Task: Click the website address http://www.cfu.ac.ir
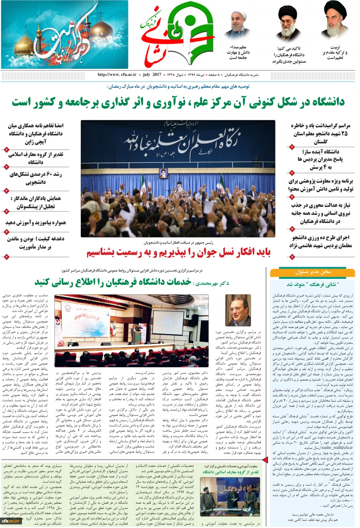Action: pyautogui.click(x=117, y=75)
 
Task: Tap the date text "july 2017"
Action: pyautogui.click(x=152, y=75)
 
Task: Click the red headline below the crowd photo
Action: pyautogui.click(x=178, y=253)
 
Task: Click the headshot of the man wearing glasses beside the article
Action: pyautogui.click(x=238, y=310)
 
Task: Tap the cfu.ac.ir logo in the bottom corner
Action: pyautogui.click(x=11, y=520)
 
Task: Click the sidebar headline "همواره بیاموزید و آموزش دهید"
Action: pyautogui.click(x=36, y=223)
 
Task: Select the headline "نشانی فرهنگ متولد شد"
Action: pyautogui.click(x=312, y=284)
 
